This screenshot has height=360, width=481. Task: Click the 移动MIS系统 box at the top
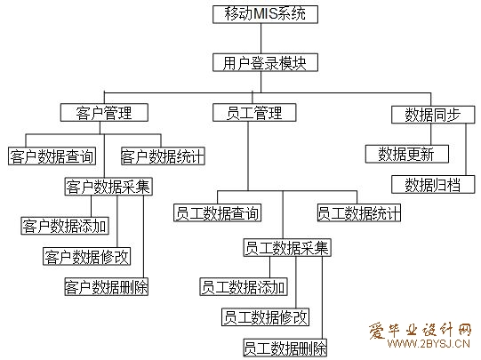click(264, 14)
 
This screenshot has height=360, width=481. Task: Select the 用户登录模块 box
click(264, 63)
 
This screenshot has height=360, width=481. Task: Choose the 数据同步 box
click(432, 114)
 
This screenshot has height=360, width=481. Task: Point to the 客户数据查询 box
click(52, 156)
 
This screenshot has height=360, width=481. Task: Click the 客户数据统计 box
click(162, 156)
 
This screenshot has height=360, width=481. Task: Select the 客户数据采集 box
click(108, 187)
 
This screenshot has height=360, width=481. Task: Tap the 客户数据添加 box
click(65, 226)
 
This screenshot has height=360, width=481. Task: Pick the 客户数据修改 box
click(87, 257)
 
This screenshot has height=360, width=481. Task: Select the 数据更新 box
click(406, 154)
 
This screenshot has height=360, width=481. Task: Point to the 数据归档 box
click(433, 184)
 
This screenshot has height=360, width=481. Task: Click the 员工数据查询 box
click(217, 213)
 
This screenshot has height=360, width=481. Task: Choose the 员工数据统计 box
click(358, 213)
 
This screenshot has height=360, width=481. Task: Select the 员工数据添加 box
click(244, 286)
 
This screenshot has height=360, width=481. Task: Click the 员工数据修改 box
click(266, 316)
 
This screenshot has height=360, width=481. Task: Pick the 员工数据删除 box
click(285, 347)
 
